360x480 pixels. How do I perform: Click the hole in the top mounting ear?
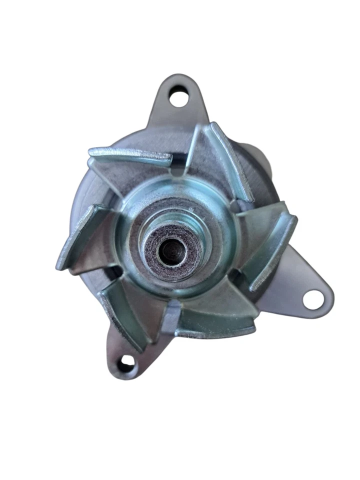click(x=178, y=96)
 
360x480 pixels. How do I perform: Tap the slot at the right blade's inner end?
click(x=235, y=205)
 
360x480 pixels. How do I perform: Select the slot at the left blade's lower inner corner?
click(x=113, y=272)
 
